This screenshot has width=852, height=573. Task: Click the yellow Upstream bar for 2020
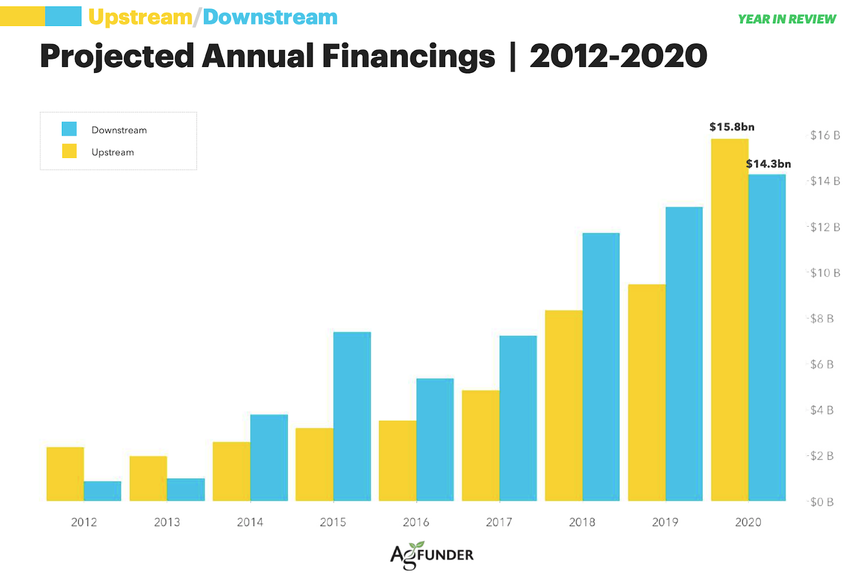(730, 319)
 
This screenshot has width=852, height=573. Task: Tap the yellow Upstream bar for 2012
(65, 474)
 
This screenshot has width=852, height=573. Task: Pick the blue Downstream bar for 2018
(601, 367)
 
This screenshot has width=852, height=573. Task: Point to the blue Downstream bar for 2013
(185, 489)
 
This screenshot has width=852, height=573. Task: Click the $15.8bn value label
(732, 127)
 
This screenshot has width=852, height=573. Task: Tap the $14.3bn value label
(768, 164)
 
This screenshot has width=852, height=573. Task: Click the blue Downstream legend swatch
(69, 129)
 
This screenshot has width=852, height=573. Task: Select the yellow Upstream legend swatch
(69, 152)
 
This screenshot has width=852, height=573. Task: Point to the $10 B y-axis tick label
(825, 273)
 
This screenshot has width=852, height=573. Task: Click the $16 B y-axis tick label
(825, 135)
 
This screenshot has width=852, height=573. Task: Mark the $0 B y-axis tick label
(822, 502)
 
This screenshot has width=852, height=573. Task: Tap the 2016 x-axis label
(416, 522)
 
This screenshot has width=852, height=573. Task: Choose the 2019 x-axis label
(665, 522)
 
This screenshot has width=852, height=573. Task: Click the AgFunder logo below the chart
(432, 555)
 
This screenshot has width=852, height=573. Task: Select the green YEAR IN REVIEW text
(787, 19)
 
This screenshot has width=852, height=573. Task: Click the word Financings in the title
(408, 56)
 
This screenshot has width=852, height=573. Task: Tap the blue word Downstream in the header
(270, 17)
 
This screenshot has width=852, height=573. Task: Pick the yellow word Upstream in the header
(140, 17)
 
